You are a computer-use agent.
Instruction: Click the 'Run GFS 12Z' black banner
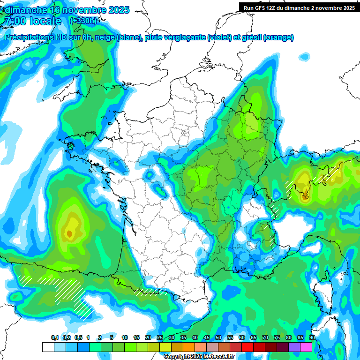pyautogui.click(x=299, y=7)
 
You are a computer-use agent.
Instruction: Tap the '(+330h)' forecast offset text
pyautogui.click(x=83, y=21)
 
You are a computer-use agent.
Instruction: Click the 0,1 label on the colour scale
pyautogui.click(x=55, y=338)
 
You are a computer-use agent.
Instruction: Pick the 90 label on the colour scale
pyautogui.click(x=312, y=338)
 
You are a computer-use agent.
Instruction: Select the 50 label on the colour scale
pyautogui.click(x=218, y=338)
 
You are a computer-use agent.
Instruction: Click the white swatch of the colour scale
pyautogui.click(x=48, y=347)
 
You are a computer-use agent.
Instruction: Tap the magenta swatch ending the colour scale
pyautogui.click(x=306, y=347)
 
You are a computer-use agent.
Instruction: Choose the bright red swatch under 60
pyautogui.click(x=247, y=347)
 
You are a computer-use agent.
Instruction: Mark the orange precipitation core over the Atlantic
pyautogui.click(x=69, y=233)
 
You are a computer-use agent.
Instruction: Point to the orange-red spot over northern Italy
pyautogui.click(x=307, y=194)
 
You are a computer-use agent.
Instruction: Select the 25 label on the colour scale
pyautogui.click(x=160, y=338)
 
